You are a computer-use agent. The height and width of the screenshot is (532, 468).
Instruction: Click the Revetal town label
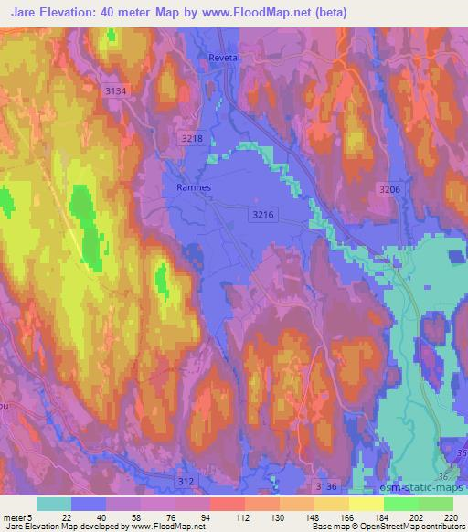(224, 57)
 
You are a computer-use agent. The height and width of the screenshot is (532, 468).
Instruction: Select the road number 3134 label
(117, 90)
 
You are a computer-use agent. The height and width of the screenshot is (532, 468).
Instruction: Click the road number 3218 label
(192, 137)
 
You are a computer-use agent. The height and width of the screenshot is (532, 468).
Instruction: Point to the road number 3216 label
(261, 212)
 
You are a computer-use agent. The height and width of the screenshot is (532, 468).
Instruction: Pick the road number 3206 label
(389, 187)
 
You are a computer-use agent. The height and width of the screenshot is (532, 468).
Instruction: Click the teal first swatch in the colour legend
(54, 504)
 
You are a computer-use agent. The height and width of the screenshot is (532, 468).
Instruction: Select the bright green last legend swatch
(436, 504)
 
